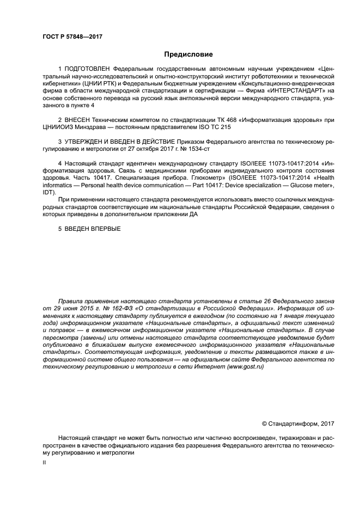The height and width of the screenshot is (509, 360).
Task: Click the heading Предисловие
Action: click(188, 54)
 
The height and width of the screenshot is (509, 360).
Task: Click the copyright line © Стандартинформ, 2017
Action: click(298, 423)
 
